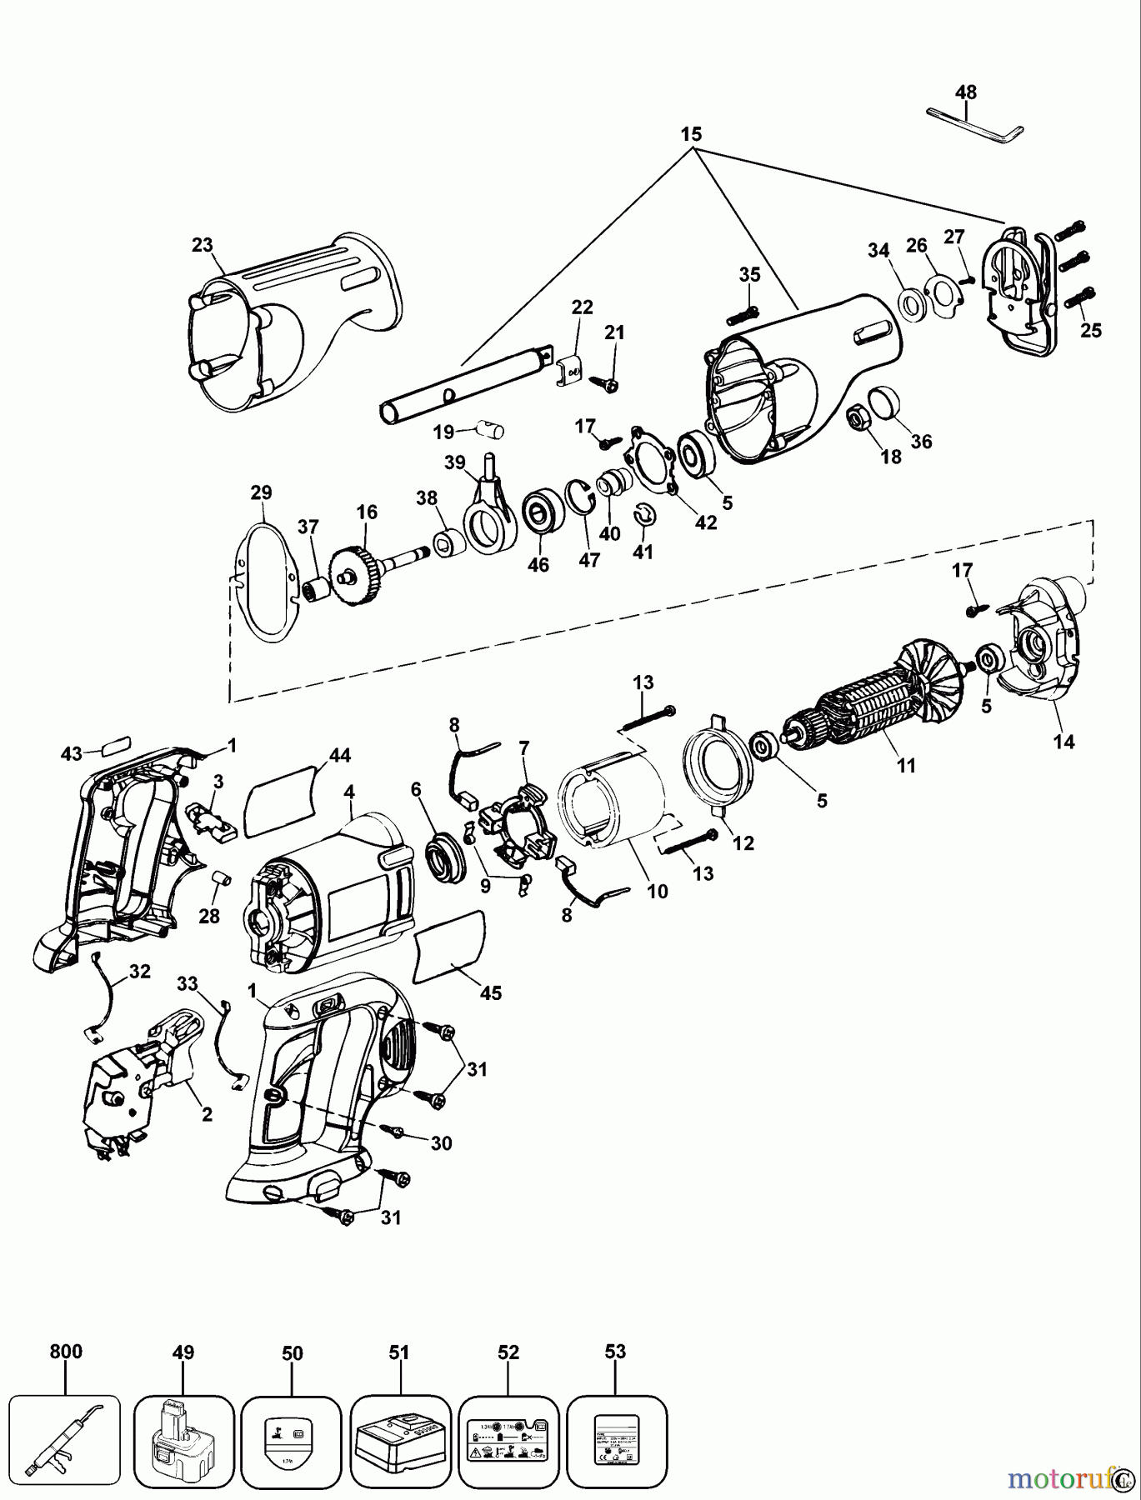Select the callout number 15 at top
(691, 134)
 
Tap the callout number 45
(491, 993)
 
